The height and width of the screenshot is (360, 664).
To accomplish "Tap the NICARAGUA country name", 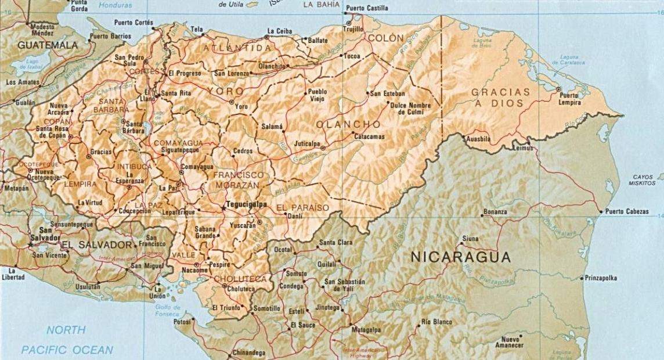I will (x=461, y=257).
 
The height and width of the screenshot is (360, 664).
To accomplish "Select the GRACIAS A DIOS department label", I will (x=500, y=98).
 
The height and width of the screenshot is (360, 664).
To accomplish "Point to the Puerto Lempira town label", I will (x=569, y=99).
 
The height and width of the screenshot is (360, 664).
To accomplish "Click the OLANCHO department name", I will (x=349, y=125).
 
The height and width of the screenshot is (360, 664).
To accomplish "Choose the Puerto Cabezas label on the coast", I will (x=627, y=212).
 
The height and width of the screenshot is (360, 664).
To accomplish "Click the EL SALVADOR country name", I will (x=97, y=244).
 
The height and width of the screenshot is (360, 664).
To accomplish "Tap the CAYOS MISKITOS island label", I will (x=644, y=180).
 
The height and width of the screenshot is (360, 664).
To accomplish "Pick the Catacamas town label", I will (x=369, y=136).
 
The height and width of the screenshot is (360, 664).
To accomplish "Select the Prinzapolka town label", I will (x=601, y=278).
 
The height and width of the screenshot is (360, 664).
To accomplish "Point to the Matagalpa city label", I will (x=366, y=330).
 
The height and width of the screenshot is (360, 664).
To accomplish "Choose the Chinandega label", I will (x=248, y=352).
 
